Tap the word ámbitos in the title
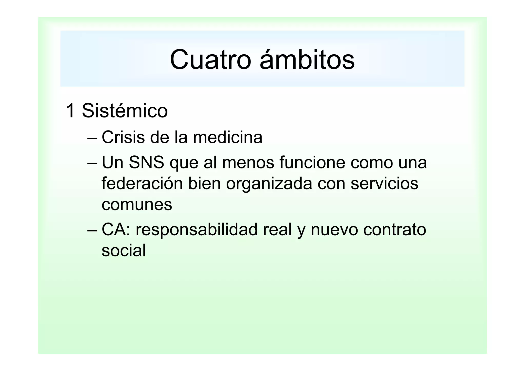point(307,59)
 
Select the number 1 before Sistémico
point(70,111)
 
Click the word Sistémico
point(125,111)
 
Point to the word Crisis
point(123,137)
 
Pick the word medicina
point(228,137)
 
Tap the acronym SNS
point(146,163)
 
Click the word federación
point(142,184)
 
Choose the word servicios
point(384,184)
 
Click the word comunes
point(137,205)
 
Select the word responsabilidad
point(196,230)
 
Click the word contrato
point(395,230)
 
